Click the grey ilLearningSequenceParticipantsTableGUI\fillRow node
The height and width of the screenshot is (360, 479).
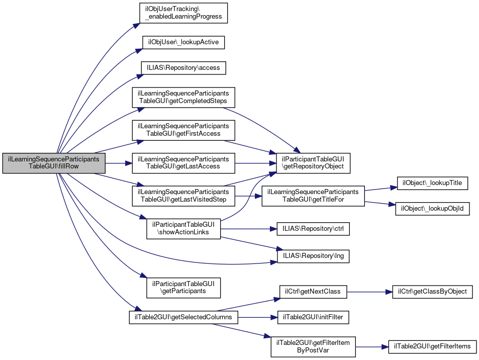(54, 163)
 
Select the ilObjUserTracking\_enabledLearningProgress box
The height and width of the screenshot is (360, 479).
(183, 13)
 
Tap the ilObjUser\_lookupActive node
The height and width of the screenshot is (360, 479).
(183, 42)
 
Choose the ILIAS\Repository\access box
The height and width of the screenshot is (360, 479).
(183, 67)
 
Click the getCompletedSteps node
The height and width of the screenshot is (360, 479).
(183, 98)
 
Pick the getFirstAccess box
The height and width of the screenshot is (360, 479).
(183, 130)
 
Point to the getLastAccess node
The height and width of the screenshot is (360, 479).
(183, 163)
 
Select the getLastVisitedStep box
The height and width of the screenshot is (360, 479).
(183, 196)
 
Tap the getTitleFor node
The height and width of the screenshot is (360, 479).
(313, 196)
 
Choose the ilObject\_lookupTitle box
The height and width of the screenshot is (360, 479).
(432, 184)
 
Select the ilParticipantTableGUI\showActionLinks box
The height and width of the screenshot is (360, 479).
(183, 229)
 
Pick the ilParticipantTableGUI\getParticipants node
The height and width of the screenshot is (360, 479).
(183, 287)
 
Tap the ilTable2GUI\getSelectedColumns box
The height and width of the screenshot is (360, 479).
(183, 317)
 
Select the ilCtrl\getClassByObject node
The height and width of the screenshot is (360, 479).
(432, 292)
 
